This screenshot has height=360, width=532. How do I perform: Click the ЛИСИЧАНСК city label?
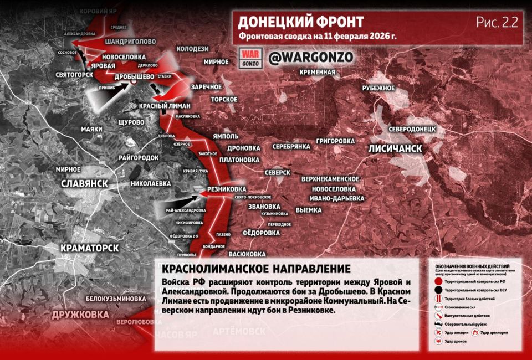pyautogui.click(x=395, y=148)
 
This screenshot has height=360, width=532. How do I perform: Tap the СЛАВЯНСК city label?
pyautogui.click(x=85, y=183)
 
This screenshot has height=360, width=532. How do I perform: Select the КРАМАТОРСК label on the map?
pyautogui.click(x=89, y=248)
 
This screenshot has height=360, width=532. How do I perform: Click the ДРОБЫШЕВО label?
pyautogui.click(x=134, y=76)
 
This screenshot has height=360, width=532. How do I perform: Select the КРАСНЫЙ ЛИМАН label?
pyautogui.click(x=165, y=106)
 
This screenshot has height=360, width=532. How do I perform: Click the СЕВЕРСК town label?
pyautogui.click(x=278, y=172)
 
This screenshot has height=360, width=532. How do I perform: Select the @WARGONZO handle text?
pyautogui.click(x=310, y=57)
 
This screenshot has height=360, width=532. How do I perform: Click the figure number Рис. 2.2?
pyautogui.click(x=497, y=22)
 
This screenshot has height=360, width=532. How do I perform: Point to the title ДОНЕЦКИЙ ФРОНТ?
pyautogui.click(x=300, y=22)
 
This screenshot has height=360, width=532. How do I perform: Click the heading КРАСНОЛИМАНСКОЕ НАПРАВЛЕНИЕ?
pyautogui.click(x=253, y=269)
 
